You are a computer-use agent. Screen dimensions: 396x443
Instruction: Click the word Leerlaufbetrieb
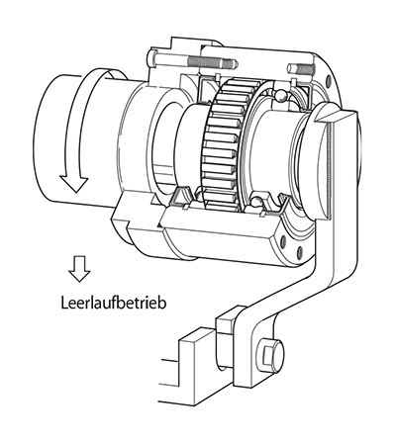[x=114, y=303]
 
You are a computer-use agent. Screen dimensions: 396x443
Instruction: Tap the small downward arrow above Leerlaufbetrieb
[x=79, y=269]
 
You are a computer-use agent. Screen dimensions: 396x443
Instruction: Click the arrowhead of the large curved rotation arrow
[x=74, y=183]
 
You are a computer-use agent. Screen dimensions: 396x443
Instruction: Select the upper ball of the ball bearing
[x=281, y=96]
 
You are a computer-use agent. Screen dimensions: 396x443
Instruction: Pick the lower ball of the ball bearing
[x=257, y=201]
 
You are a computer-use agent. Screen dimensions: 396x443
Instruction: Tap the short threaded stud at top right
[x=300, y=69]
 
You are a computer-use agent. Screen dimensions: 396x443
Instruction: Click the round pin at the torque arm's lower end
[x=271, y=354]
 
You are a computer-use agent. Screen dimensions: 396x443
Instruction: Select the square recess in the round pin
[x=267, y=355]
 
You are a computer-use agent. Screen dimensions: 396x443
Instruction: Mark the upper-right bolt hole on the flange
[x=328, y=79]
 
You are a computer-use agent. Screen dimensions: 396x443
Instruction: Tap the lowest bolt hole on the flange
[x=300, y=252]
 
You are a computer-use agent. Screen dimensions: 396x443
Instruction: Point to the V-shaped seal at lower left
[x=180, y=198]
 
